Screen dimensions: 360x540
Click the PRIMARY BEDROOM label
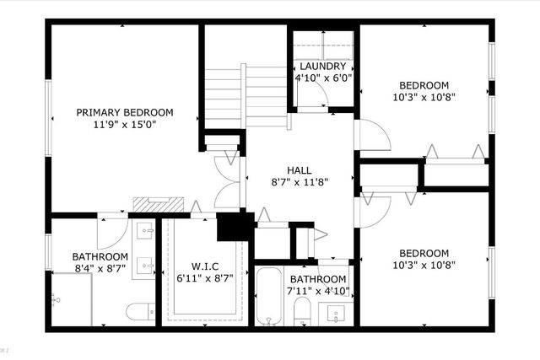(x=124, y=112)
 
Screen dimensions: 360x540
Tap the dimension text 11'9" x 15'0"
(x=124, y=125)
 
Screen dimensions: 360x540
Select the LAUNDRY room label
(x=322, y=67)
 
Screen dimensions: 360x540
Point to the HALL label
(x=299, y=169)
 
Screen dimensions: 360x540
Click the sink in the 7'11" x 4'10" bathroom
(x=336, y=315)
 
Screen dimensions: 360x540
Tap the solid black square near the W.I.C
(x=235, y=227)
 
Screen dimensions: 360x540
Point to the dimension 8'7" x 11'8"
(x=299, y=181)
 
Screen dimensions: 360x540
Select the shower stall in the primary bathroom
(x=71, y=299)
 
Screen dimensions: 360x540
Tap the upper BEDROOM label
(x=424, y=85)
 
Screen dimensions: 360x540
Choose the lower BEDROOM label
(x=424, y=253)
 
